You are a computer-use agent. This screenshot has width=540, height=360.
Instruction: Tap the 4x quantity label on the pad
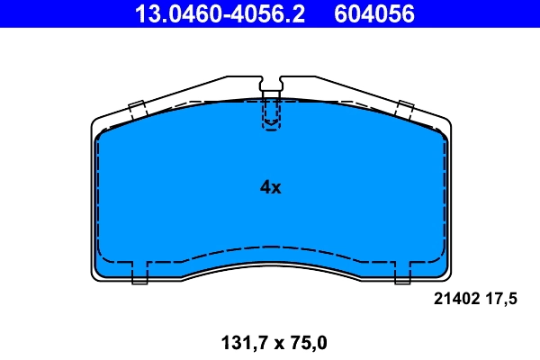point(270,188)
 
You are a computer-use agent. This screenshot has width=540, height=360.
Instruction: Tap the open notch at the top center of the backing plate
point(270,83)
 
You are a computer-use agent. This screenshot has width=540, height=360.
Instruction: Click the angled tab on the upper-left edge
point(138,110)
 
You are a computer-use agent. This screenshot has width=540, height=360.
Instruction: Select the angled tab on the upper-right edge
point(403,110)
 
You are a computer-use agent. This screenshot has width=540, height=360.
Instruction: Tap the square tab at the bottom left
point(139,273)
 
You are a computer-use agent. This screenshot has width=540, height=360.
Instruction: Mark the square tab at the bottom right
point(401,273)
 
